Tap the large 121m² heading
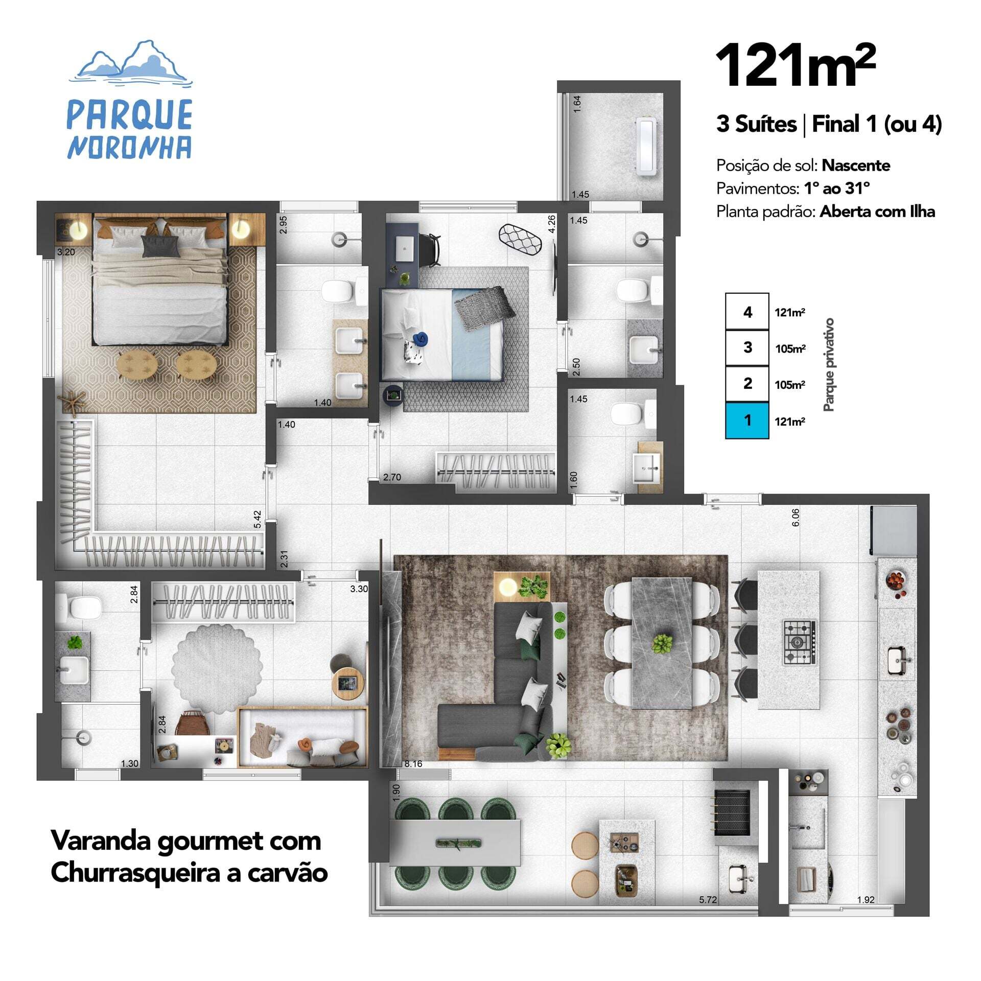click(x=796, y=65)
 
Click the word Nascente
click(x=856, y=166)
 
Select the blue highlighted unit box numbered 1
click(x=747, y=421)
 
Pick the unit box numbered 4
click(x=747, y=312)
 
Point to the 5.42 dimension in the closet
click(x=258, y=519)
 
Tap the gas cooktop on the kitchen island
click(x=800, y=642)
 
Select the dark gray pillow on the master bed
click(x=160, y=246)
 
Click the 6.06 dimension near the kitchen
click(x=796, y=518)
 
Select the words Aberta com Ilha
click(x=877, y=212)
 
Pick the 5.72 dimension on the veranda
click(x=708, y=914)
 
